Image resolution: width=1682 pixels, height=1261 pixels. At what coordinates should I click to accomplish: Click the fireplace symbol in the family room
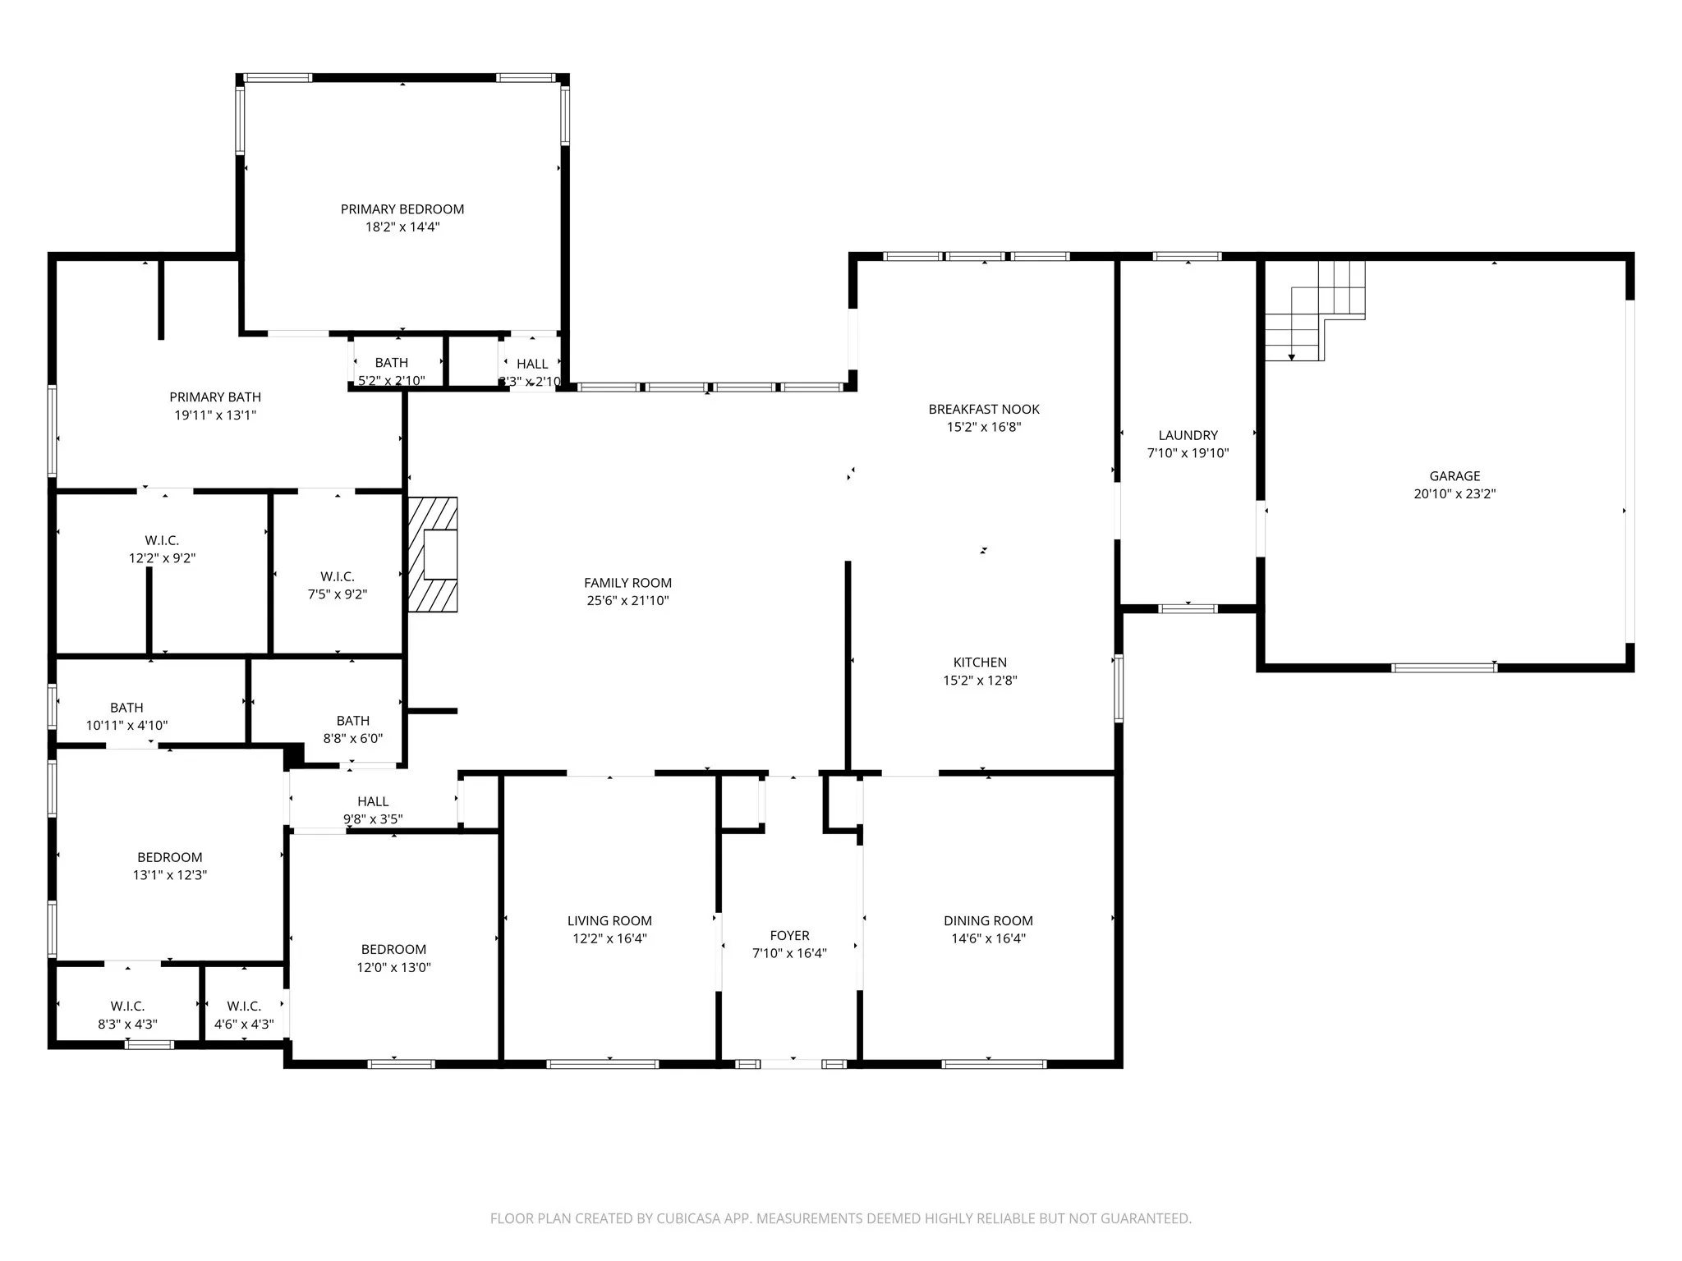point(434,555)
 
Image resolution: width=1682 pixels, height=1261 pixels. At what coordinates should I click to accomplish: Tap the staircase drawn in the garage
point(1315,312)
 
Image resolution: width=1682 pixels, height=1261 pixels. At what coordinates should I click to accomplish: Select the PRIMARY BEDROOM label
point(402,209)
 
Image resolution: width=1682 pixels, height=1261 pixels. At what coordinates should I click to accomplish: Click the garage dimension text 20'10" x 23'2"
point(1455,494)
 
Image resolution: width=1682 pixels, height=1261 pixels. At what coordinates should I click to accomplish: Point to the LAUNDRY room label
point(1188,435)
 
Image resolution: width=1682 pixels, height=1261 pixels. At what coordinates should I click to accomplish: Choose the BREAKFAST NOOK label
point(984,409)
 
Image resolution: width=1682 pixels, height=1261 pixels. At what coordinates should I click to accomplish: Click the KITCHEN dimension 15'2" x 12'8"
point(980,681)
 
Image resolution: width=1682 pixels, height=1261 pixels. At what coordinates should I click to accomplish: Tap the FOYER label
point(789,935)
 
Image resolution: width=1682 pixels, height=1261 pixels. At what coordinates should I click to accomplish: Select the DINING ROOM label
point(988,921)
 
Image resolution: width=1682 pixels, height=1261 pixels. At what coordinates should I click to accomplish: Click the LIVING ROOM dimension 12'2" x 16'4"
point(609,939)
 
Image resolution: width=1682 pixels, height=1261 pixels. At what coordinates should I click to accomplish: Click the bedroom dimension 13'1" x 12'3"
point(169,875)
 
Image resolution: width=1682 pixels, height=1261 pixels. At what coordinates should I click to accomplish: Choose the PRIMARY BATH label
point(215,397)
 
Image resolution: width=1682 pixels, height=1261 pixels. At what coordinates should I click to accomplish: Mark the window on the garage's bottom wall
point(1444,667)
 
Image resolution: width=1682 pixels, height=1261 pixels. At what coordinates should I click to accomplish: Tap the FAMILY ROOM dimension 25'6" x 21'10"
point(627,601)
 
